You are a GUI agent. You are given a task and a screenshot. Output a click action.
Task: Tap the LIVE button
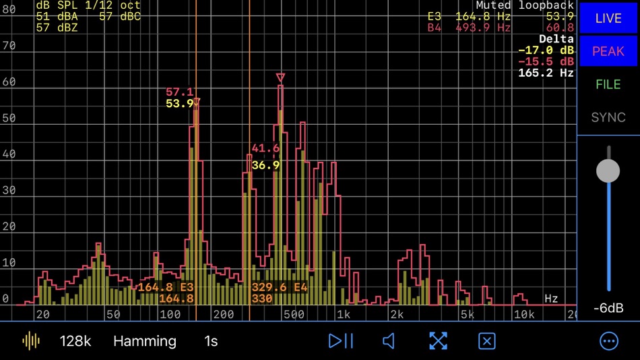(608, 18)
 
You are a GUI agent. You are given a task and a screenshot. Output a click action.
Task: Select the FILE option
(608, 84)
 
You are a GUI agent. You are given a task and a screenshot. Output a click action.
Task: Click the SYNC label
(608, 117)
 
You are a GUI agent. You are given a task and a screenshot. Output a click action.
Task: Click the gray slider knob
(608, 171)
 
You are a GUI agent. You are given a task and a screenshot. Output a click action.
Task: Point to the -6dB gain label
(608, 308)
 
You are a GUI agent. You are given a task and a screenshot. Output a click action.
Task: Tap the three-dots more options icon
(609, 341)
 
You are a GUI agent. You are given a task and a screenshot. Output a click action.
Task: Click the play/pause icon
(341, 341)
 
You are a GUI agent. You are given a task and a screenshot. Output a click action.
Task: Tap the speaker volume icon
(389, 341)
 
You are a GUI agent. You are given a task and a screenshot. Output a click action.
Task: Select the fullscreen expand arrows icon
(438, 341)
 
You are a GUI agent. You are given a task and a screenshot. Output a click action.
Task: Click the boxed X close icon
(486, 341)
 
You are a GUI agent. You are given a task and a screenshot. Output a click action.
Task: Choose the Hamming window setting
(145, 341)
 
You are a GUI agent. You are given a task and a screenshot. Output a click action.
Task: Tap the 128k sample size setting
(75, 341)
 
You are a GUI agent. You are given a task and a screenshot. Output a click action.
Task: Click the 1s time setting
(211, 341)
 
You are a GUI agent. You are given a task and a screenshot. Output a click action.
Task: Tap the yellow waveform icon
(31, 341)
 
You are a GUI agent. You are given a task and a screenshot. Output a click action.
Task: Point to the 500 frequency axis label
(294, 314)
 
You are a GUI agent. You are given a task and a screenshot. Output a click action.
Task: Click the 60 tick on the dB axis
(9, 82)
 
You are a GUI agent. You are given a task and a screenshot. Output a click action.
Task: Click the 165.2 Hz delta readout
(546, 72)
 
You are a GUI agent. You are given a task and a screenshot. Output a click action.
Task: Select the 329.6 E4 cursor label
(280, 287)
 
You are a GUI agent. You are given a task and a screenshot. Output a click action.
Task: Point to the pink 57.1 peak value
(179, 92)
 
